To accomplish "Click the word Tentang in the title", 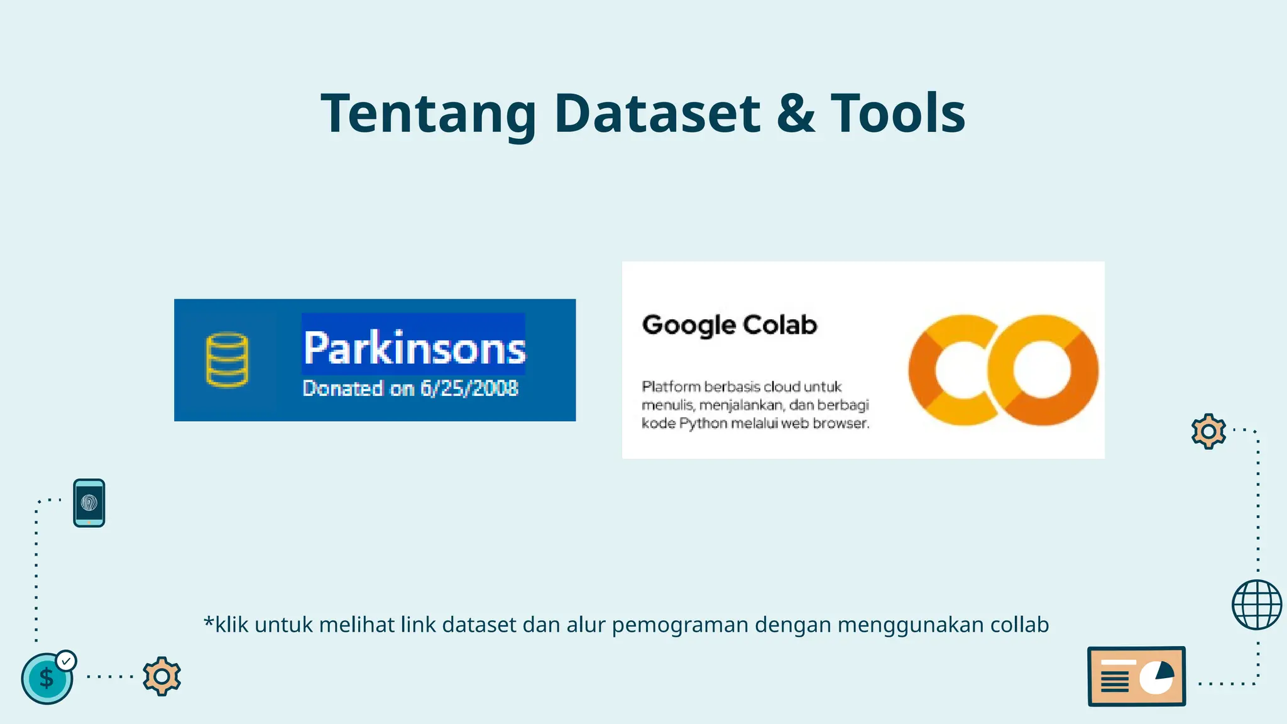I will pyautogui.click(x=428, y=114).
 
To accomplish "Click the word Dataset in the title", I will pyautogui.click(x=657, y=114).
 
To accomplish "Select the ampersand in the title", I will pyautogui.click(x=796, y=114).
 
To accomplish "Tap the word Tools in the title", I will pyautogui.click(x=898, y=114).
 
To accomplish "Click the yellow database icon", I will pyautogui.click(x=227, y=359).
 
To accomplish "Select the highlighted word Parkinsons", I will pyautogui.click(x=413, y=348).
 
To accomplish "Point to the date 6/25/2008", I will pyautogui.click(x=469, y=388).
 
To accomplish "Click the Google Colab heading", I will pyautogui.click(x=729, y=325).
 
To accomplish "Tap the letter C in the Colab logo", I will pyautogui.click(x=950, y=370).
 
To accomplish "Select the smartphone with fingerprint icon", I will pyautogui.click(x=89, y=503).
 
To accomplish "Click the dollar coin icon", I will pyautogui.click(x=47, y=679).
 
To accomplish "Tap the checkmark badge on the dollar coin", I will pyautogui.click(x=66, y=661).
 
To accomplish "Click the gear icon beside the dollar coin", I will pyautogui.click(x=162, y=676).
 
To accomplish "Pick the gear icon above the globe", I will pyautogui.click(x=1208, y=431).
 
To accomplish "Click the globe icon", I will pyautogui.click(x=1256, y=605).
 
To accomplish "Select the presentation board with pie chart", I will pyautogui.click(x=1136, y=677).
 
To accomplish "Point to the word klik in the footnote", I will pyautogui.click(x=232, y=625).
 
